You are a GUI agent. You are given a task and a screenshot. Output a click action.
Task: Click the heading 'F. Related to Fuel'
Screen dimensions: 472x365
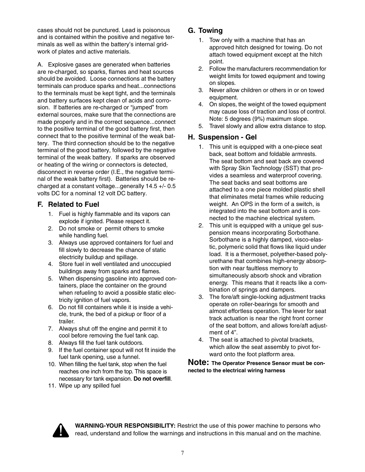68,204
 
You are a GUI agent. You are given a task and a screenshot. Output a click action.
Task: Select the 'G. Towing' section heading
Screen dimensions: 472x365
205,31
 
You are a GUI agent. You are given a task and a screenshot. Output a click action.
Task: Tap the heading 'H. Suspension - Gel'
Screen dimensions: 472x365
222,137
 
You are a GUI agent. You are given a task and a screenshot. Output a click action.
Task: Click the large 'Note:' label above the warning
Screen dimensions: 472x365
198,362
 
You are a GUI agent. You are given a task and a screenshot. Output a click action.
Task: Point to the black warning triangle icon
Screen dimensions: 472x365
61,430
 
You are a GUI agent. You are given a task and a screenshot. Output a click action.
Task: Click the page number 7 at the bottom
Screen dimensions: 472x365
182,453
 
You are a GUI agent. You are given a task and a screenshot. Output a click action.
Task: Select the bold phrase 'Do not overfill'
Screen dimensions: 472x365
152,379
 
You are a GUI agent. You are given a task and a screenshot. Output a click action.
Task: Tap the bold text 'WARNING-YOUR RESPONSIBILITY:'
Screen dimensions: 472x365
125,426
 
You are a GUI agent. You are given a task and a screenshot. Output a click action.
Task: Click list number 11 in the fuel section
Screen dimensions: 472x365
52,386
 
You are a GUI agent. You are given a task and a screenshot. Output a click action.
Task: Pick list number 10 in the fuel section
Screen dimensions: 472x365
52,364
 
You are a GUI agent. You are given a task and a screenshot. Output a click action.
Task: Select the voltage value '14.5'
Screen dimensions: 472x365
150,186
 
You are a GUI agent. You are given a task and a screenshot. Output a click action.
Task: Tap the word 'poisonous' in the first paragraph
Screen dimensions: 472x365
157,30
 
